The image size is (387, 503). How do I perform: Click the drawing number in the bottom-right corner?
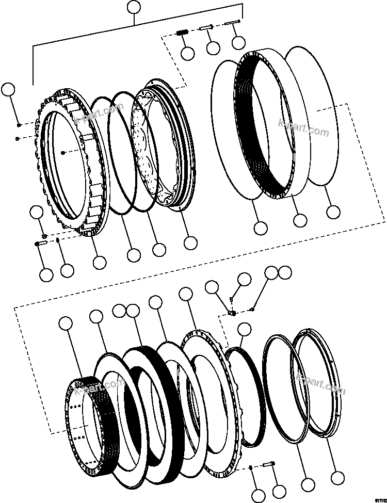378,499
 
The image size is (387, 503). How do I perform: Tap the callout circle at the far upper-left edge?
8,89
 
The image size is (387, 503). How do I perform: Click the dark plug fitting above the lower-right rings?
232,312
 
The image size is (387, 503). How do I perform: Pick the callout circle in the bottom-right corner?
337,477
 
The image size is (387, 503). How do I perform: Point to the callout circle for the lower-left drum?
66,323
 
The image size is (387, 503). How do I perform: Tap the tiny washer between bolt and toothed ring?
58,240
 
